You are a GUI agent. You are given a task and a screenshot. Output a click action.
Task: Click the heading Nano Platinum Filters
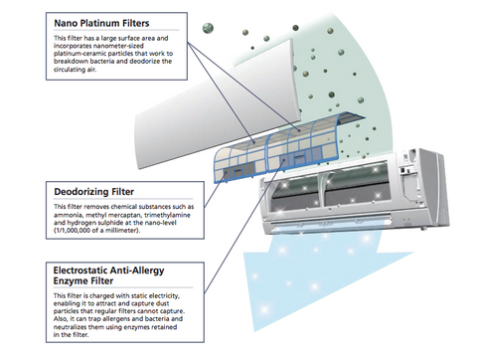(101, 23)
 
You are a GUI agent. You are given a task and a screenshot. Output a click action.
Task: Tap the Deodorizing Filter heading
(94, 192)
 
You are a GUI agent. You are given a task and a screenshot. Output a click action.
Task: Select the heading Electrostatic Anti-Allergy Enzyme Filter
(108, 275)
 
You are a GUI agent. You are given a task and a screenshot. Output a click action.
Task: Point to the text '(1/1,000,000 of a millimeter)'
(97, 230)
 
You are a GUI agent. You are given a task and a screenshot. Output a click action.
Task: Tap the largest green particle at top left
(208, 28)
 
